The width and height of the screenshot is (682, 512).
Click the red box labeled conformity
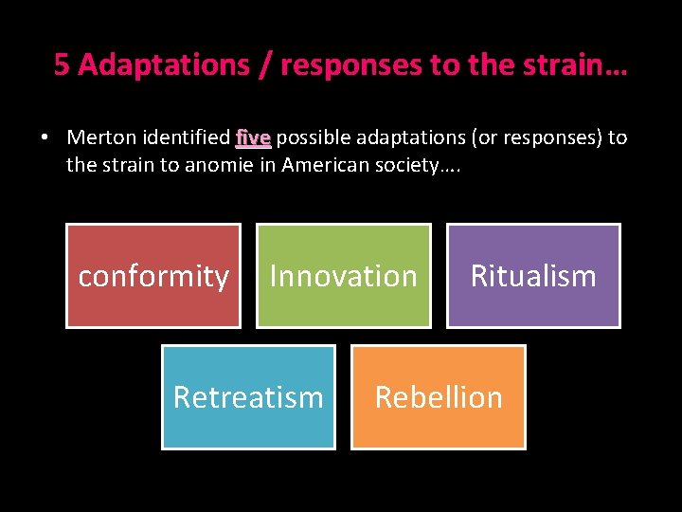[153, 276]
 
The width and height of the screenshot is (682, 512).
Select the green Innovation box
[343, 276]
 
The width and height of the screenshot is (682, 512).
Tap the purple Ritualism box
[533, 276]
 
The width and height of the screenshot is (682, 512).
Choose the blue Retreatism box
[248, 396]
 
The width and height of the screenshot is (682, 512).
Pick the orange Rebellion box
[439, 396]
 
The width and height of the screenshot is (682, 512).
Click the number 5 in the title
[62, 64]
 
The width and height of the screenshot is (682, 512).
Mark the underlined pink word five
[253, 137]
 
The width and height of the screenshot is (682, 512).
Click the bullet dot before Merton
[45, 138]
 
